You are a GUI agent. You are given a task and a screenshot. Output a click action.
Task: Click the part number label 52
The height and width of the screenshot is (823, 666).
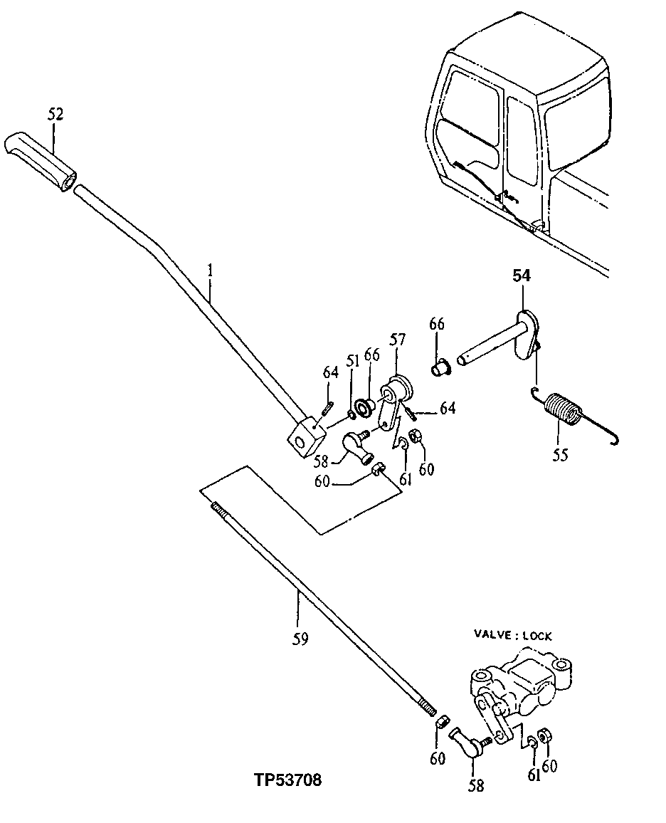(55, 114)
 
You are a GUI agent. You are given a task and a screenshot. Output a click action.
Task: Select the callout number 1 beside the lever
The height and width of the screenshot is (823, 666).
(210, 271)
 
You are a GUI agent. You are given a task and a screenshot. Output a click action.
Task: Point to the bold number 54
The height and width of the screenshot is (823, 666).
(522, 276)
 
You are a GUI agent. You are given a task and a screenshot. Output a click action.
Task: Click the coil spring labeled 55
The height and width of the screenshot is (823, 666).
(564, 411)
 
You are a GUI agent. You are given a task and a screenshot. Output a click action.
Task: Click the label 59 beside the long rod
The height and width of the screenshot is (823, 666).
(300, 639)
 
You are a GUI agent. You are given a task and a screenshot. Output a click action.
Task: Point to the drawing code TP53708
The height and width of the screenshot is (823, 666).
(287, 780)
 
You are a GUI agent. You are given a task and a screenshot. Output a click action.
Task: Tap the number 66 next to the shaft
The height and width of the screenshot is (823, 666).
(436, 325)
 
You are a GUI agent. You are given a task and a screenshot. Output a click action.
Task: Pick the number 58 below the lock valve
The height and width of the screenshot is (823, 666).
(475, 785)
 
